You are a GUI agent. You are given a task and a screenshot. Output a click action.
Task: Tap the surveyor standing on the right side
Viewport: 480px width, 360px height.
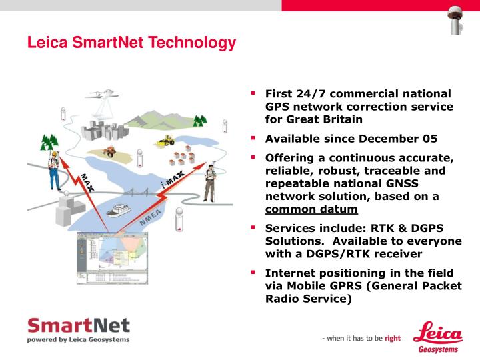tap(209, 182)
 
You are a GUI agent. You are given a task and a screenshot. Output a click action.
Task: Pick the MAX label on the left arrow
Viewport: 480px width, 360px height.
tap(87, 182)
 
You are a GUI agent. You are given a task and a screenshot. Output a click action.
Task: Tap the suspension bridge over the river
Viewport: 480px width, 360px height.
tap(141, 194)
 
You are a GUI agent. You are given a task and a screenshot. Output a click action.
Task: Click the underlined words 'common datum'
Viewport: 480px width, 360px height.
tap(311, 209)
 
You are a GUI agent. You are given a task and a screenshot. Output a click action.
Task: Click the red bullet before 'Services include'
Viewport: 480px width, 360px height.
tap(253, 228)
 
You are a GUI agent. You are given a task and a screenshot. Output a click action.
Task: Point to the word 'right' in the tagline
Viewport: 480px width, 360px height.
tap(393, 338)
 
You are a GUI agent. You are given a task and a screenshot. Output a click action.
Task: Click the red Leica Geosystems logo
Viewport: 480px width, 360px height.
tap(438, 337)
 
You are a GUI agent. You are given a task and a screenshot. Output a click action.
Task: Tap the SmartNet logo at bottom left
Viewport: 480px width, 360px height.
tap(78, 330)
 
